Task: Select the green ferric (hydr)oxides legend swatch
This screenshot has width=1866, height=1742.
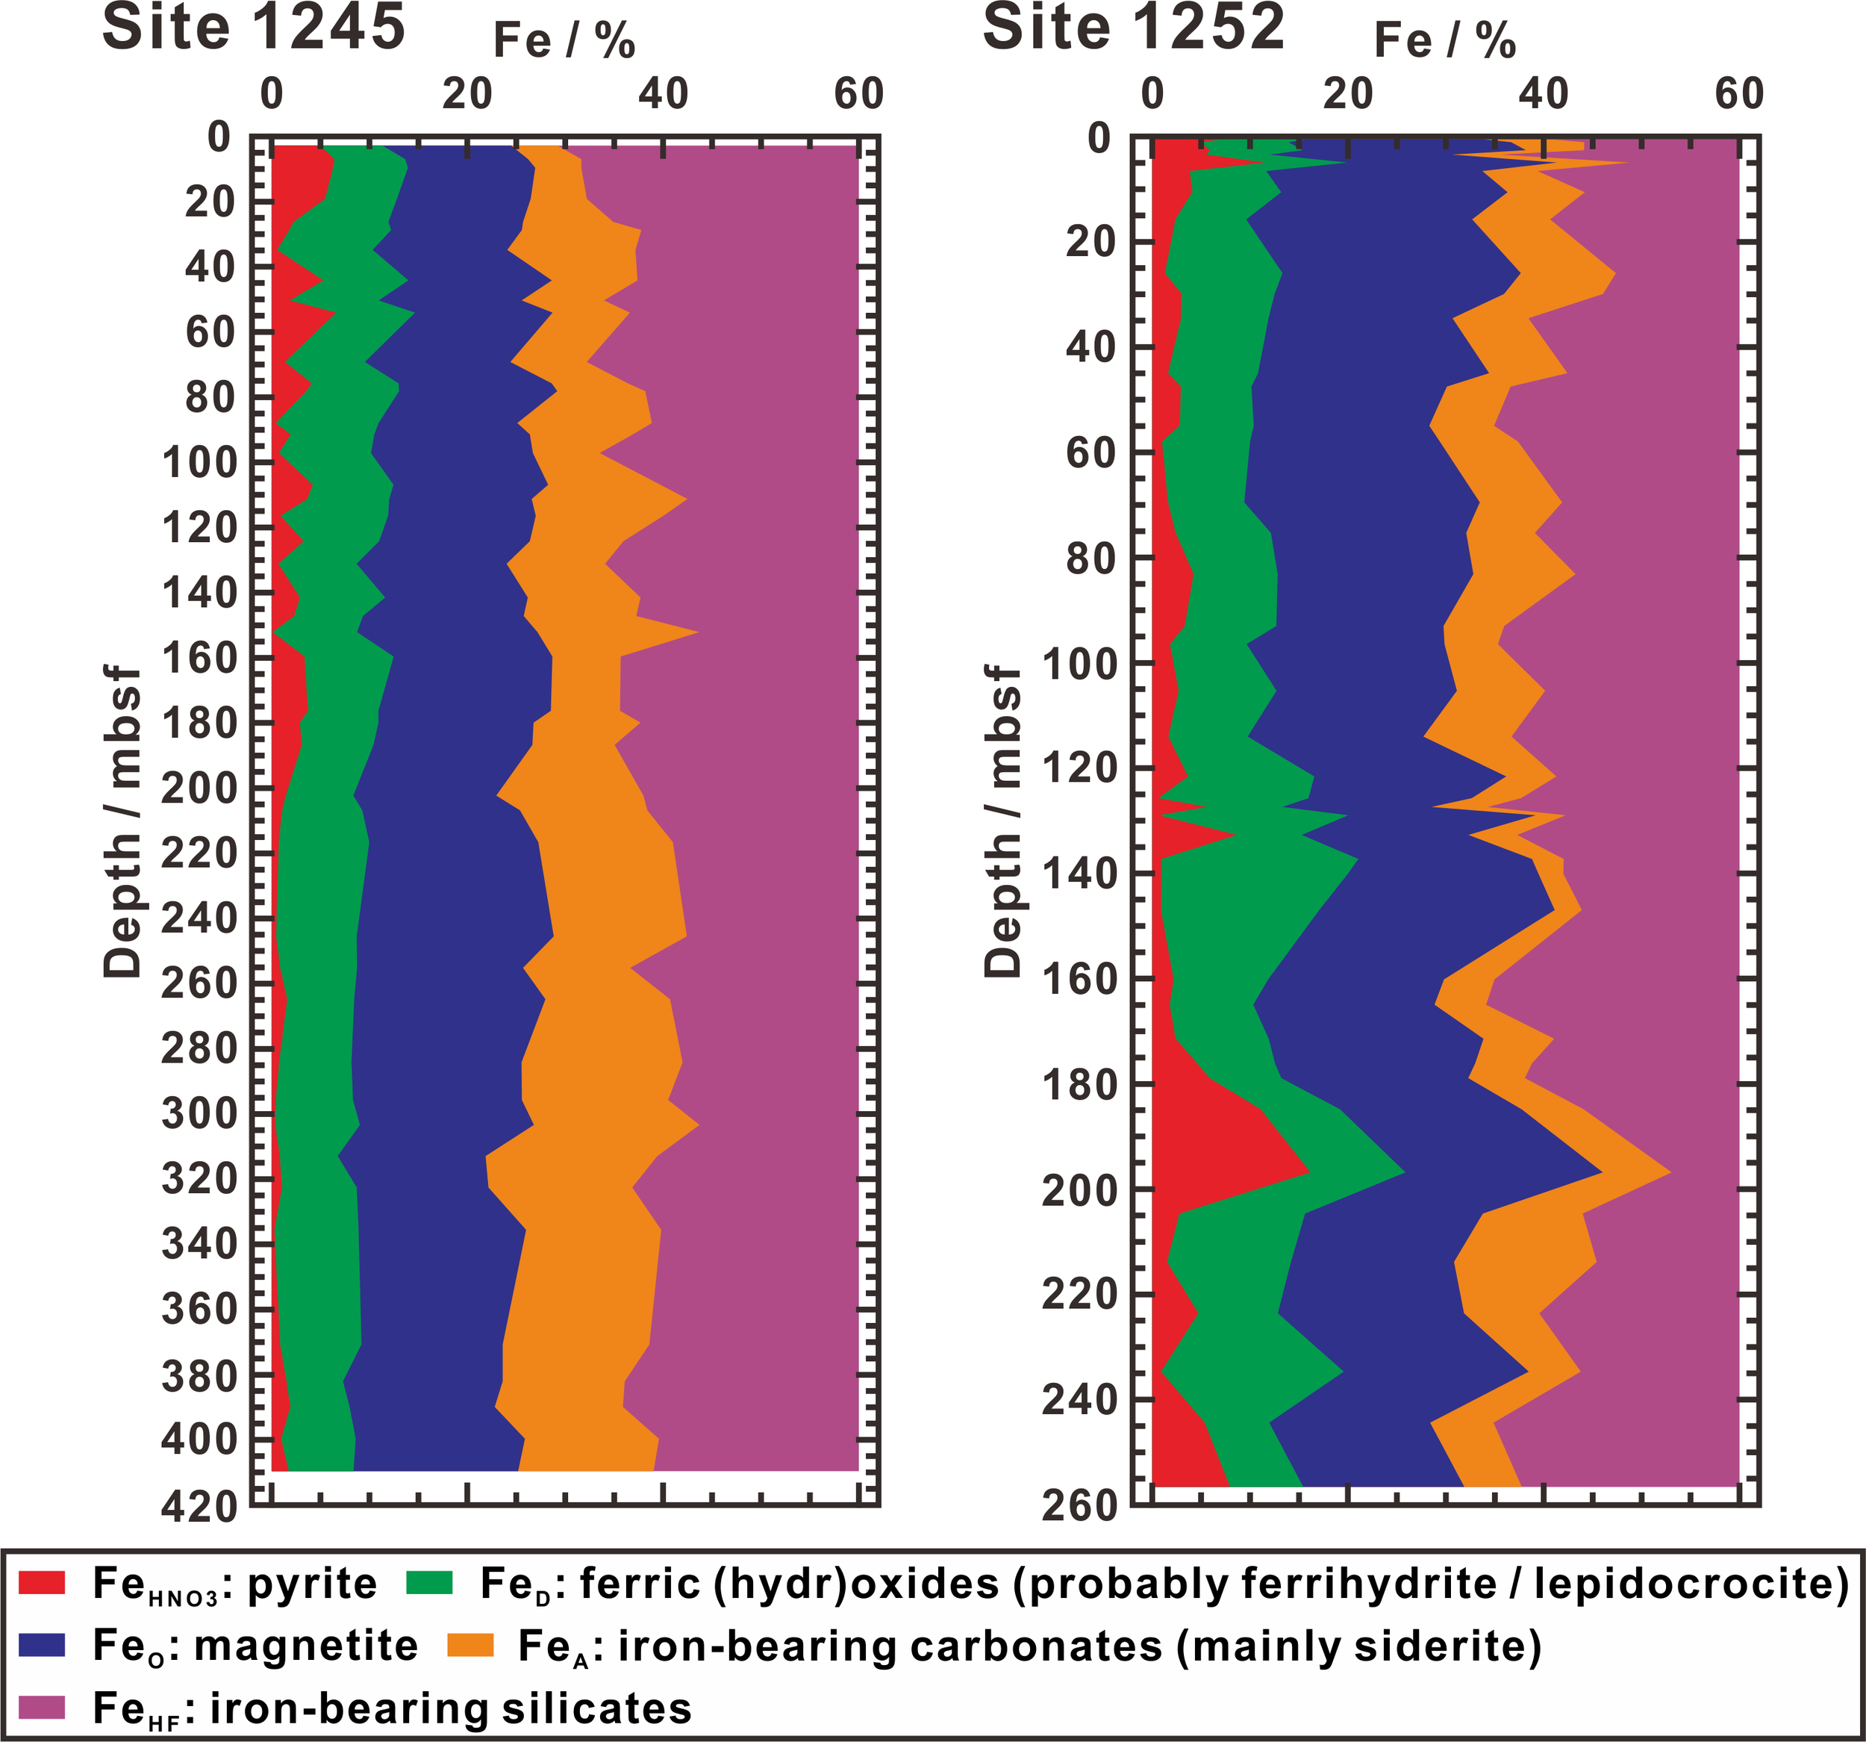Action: point(429,1582)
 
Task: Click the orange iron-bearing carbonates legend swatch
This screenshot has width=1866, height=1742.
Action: point(470,1644)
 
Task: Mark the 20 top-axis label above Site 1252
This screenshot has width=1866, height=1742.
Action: point(1348,94)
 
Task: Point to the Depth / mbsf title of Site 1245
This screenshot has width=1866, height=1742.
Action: point(122,821)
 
